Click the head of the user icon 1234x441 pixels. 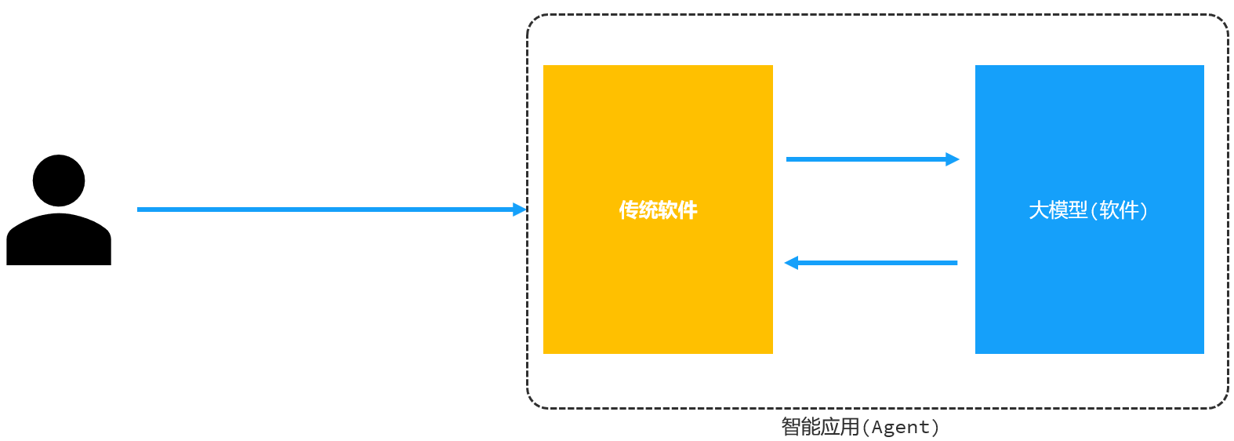[59, 180]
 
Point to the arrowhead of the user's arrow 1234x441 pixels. [520, 210]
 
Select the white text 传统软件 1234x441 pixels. [658, 210]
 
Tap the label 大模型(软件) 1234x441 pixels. [1088, 210]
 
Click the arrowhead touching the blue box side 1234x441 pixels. [953, 159]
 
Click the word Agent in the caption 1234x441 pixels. [900, 428]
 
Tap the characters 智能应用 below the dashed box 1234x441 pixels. [820, 427]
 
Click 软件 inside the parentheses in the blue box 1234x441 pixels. [1120, 210]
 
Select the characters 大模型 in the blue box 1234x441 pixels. [1058, 210]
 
